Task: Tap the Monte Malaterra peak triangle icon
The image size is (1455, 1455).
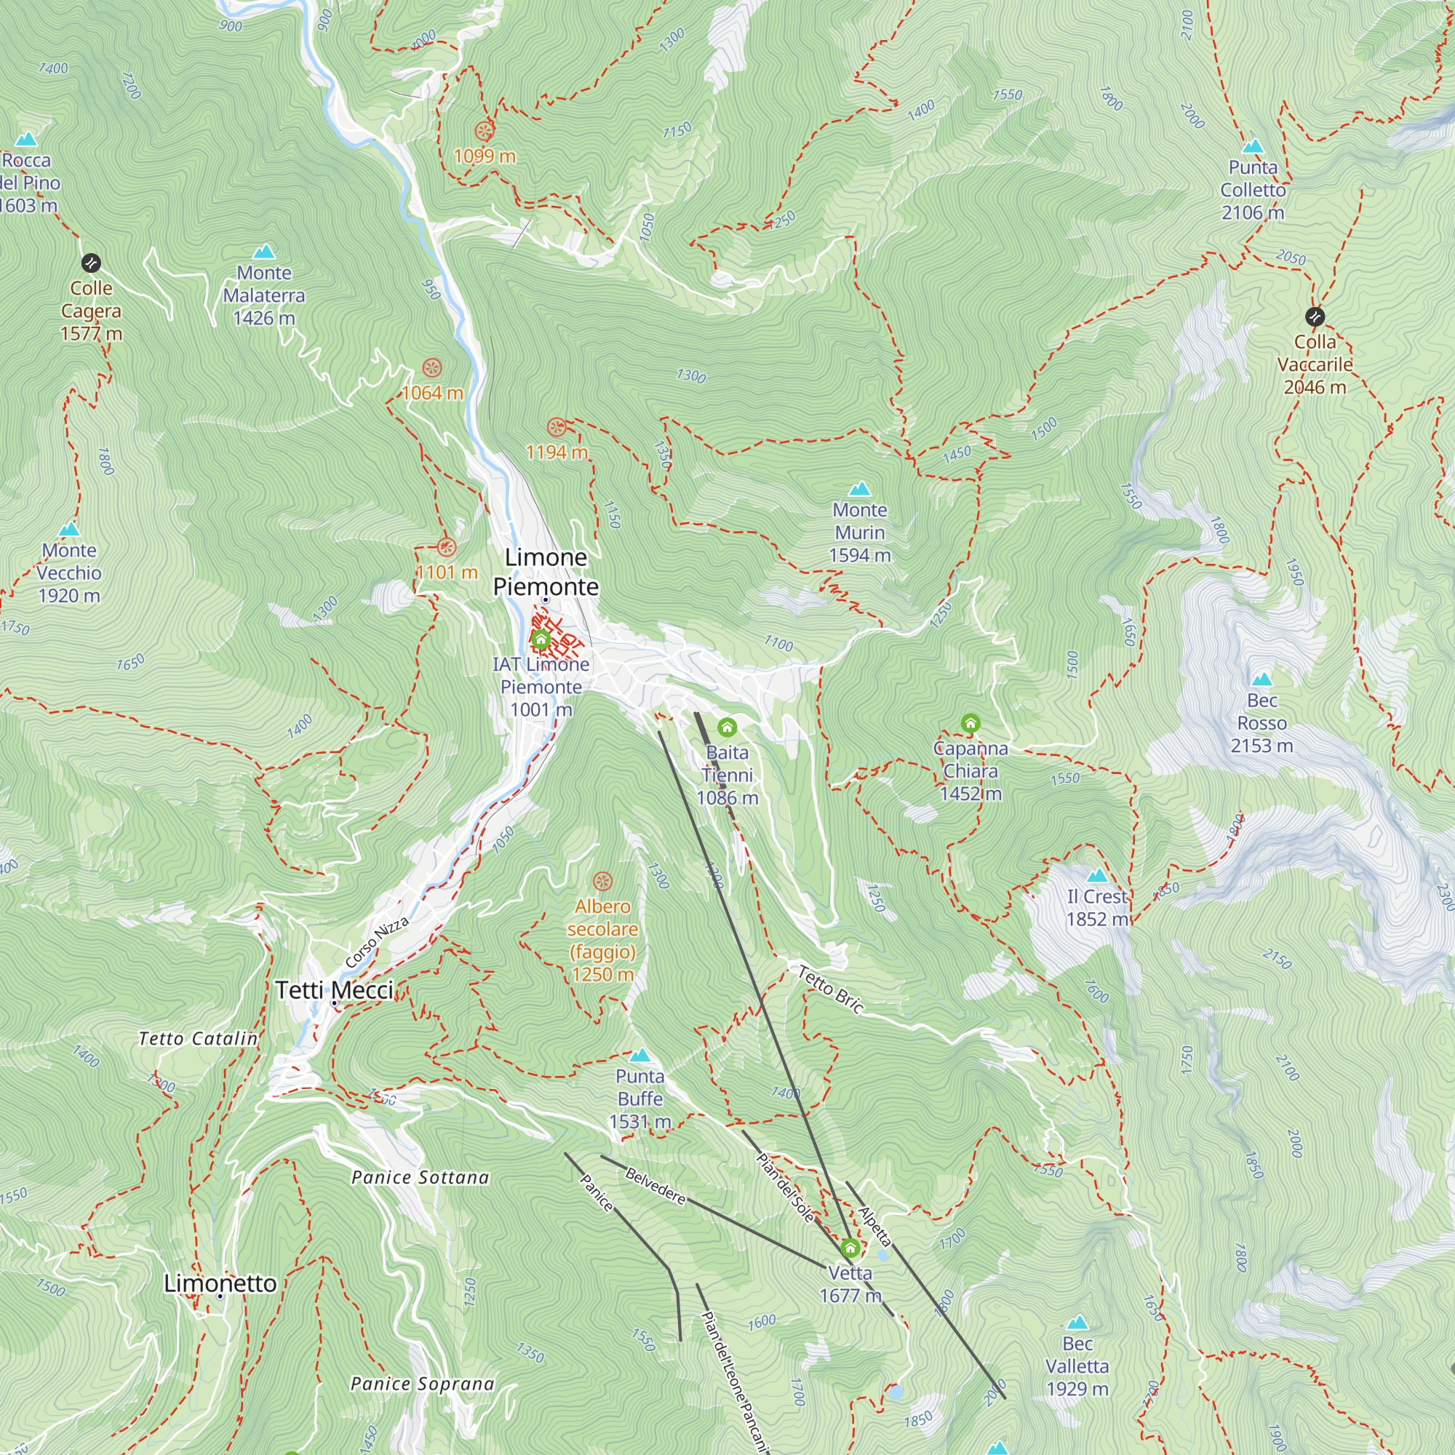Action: (x=263, y=252)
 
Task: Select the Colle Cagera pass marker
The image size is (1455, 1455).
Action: (x=90, y=263)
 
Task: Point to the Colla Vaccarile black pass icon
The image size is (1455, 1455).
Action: (x=1315, y=316)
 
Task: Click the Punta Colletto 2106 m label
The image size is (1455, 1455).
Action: (x=1253, y=190)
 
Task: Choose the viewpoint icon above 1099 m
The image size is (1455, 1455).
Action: (x=485, y=132)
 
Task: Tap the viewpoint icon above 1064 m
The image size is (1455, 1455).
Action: (x=431, y=368)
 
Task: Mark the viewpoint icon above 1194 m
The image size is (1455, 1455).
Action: (x=557, y=427)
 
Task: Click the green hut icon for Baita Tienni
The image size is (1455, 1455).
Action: (x=727, y=727)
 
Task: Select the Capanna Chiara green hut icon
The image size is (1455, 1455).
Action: (x=970, y=724)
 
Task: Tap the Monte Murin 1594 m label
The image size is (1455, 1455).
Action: (x=859, y=533)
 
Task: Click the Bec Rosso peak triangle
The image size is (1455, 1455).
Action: (x=1261, y=679)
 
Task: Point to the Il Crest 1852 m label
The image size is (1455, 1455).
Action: (x=1096, y=907)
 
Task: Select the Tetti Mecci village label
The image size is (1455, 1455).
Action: (x=334, y=990)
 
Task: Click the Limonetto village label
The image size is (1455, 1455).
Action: (x=220, y=1283)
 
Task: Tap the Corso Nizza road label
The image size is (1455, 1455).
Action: (x=377, y=943)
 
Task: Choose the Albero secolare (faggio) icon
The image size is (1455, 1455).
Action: (x=602, y=881)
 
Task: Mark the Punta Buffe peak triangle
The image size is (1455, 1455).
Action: (x=639, y=1055)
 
